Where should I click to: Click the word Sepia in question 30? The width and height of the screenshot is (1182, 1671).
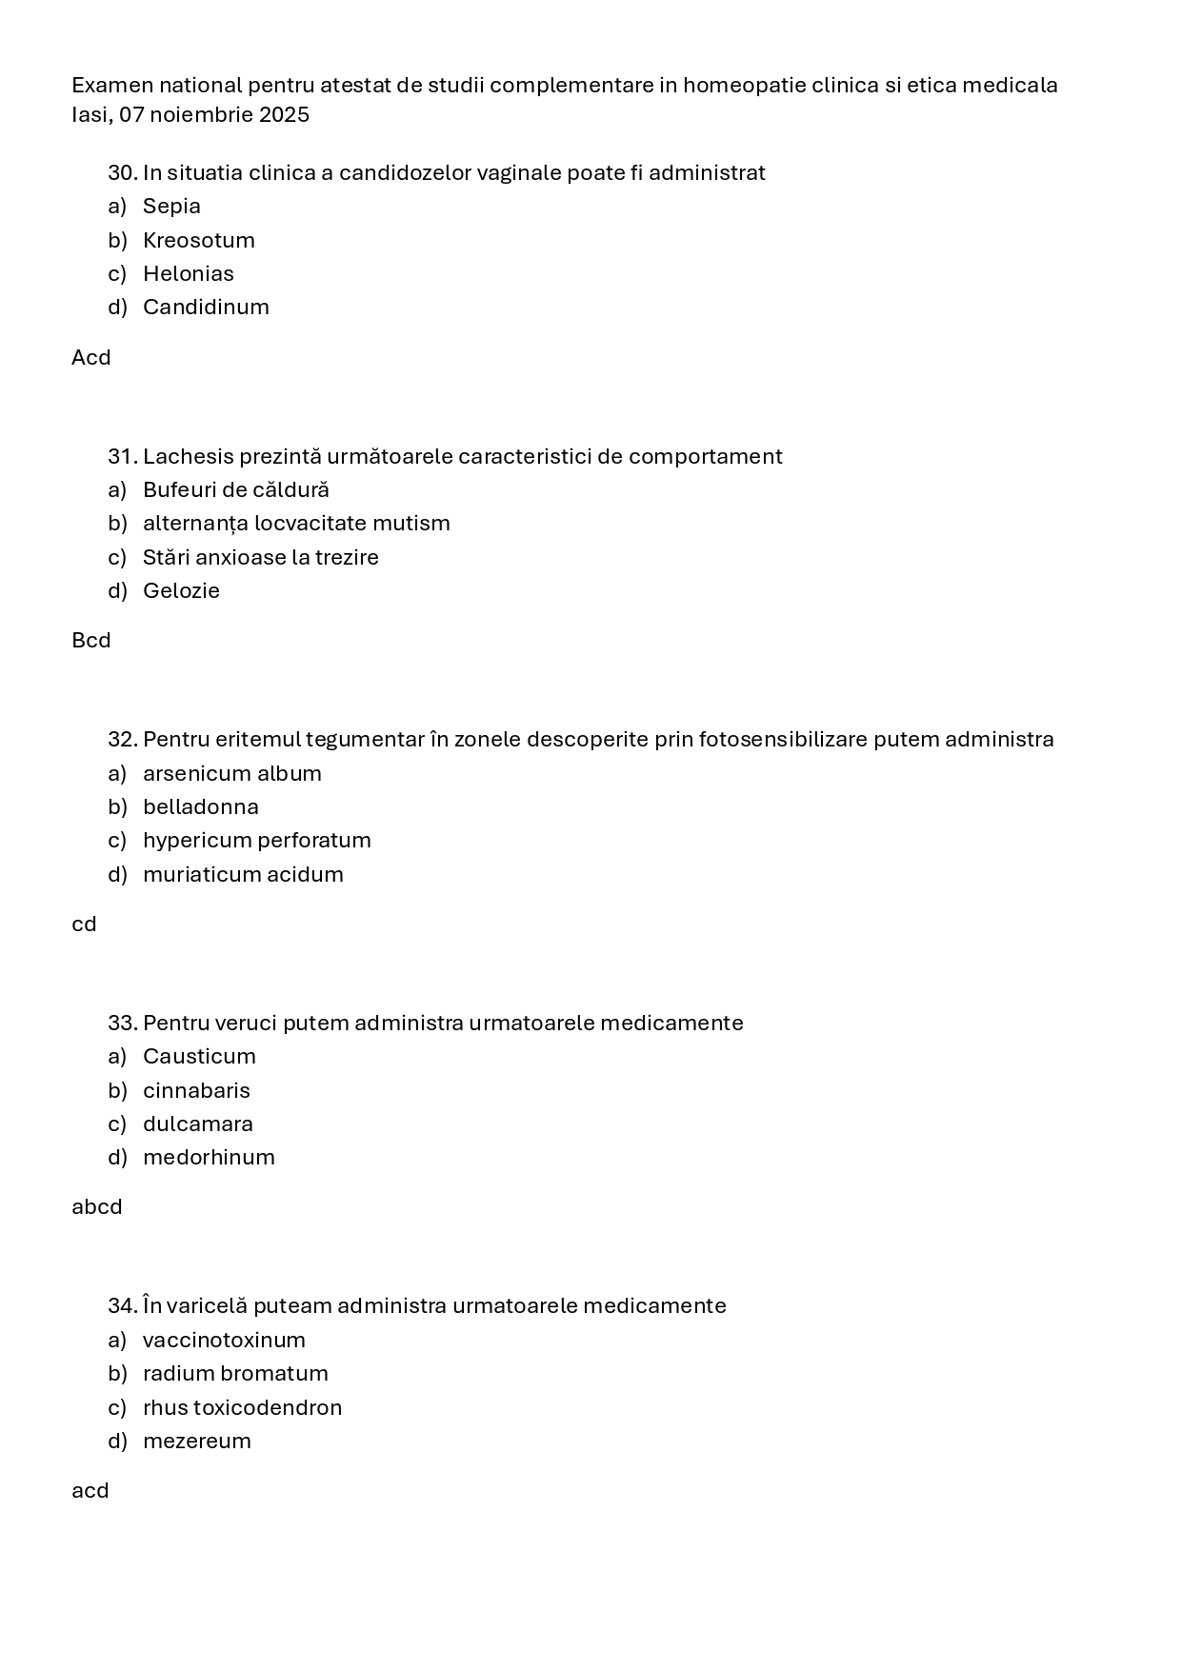tap(171, 207)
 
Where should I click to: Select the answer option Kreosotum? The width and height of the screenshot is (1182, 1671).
tap(198, 240)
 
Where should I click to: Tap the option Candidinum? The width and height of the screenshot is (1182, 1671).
tap(206, 308)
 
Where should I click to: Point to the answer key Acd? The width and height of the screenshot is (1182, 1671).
tap(90, 358)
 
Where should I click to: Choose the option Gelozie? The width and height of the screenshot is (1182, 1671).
tap(181, 591)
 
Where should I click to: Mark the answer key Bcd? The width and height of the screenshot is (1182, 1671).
tap(90, 641)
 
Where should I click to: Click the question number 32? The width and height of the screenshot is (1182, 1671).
tap(122, 740)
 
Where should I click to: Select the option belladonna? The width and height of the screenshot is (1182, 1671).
tap(200, 807)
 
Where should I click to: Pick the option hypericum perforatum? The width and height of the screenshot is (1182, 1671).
tap(256, 841)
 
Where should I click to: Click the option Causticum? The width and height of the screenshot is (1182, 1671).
tap(199, 1057)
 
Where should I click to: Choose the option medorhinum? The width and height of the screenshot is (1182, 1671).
tap(209, 1158)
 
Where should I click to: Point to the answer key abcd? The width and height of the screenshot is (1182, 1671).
tap(96, 1207)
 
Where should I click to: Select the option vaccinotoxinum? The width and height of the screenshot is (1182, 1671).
tap(224, 1341)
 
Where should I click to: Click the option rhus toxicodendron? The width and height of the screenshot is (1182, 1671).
tap(242, 1408)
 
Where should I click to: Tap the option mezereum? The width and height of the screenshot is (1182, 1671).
tap(196, 1442)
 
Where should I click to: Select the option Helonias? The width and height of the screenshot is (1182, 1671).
tap(188, 274)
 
